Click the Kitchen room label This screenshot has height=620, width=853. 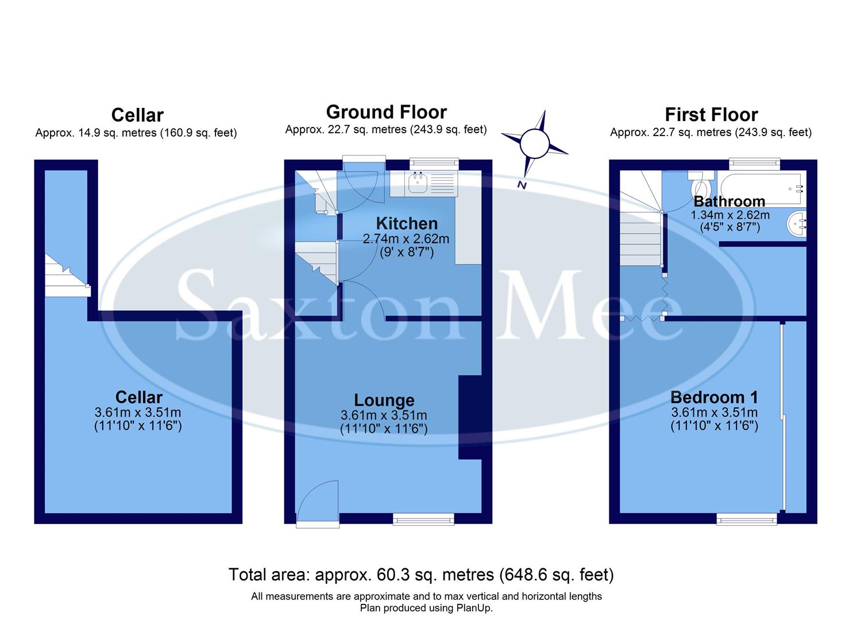click(x=407, y=223)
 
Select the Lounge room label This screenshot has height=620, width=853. click(x=384, y=400)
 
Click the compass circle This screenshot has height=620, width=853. click(x=535, y=143)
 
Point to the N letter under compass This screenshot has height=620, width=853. click(x=522, y=185)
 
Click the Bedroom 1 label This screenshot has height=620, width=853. click(x=714, y=397)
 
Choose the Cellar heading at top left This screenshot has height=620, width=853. click(x=137, y=115)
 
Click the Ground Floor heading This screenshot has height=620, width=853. click(x=386, y=112)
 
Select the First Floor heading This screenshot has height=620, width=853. click(x=711, y=115)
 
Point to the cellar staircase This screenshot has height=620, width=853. click(x=66, y=278)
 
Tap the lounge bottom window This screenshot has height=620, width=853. click(x=423, y=519)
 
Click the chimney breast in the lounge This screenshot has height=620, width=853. click(x=470, y=417)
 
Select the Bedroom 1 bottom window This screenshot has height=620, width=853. click(x=747, y=519)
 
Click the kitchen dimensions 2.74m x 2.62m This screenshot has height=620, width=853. click(x=406, y=239)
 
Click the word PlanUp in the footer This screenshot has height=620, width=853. click(x=472, y=608)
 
